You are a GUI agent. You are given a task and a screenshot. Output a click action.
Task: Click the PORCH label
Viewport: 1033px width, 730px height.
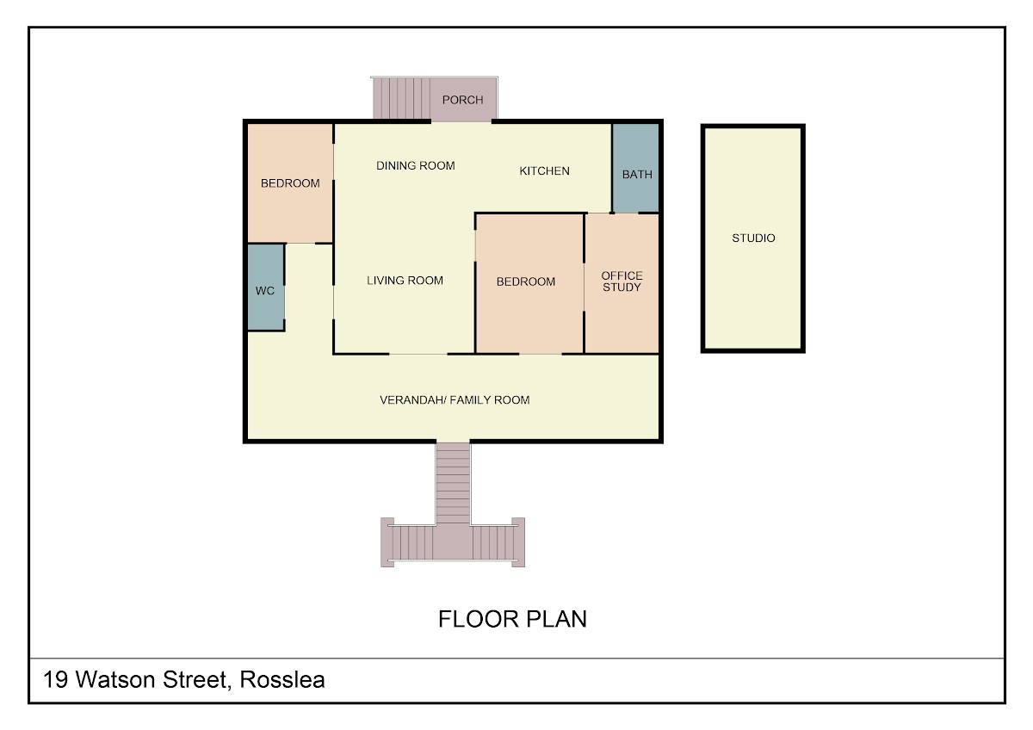coord(462,100)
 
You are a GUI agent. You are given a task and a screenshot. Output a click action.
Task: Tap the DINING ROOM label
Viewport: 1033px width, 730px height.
coord(416,165)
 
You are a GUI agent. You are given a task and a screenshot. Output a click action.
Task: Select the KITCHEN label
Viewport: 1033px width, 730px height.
coord(544,171)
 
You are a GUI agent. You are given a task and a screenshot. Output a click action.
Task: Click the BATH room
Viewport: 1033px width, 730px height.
coord(635,168)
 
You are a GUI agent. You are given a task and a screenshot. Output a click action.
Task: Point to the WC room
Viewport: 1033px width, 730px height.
coord(266,287)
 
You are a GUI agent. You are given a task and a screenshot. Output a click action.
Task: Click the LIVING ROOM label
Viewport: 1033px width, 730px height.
coord(405,281)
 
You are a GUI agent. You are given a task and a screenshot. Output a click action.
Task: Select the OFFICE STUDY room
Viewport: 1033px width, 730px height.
coord(622,283)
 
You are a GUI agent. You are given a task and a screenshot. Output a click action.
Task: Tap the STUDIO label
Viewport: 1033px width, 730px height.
coord(753,238)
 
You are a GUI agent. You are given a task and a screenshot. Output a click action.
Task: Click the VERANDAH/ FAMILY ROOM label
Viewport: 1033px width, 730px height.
coord(455,399)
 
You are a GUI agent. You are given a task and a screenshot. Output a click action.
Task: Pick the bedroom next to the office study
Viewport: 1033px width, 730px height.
coord(529,283)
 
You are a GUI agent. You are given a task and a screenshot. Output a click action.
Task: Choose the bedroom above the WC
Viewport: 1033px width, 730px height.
coord(290,183)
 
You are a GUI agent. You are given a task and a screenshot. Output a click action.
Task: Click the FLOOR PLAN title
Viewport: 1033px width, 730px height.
coord(512,619)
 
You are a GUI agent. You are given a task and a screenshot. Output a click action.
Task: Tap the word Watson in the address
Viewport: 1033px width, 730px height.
coord(115,679)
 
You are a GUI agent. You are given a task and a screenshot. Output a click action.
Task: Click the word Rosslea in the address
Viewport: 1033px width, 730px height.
coord(282,679)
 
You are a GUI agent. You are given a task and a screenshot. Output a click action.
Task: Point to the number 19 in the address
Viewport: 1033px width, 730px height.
coord(55,679)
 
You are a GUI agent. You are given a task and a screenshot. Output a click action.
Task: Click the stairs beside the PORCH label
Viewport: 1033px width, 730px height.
coord(402,98)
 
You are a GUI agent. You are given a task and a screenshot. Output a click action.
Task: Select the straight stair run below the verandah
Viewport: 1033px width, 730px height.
coord(454,483)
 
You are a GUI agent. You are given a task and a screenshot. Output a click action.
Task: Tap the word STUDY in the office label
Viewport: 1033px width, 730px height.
coord(622,288)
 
